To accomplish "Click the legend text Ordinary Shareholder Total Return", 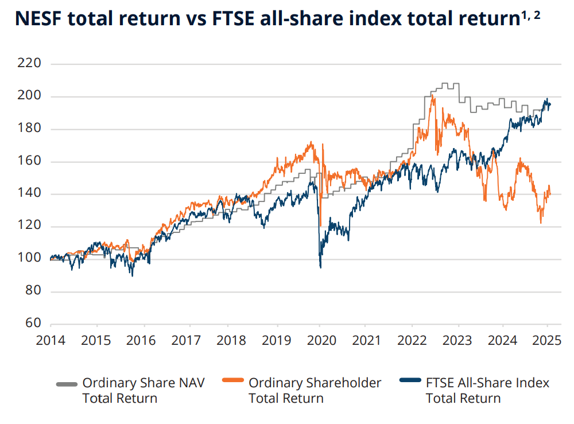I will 315,390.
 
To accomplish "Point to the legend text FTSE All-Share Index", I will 487,383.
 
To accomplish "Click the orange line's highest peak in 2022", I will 432,95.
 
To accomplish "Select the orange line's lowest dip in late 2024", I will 541,223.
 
